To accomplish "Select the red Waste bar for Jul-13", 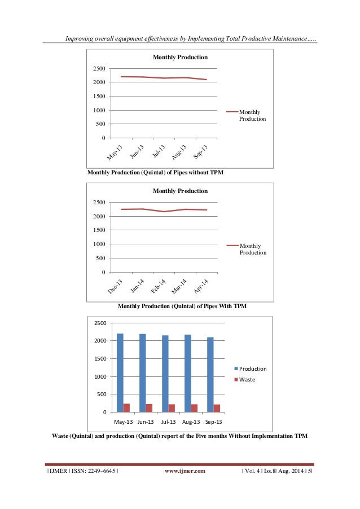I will (172, 408).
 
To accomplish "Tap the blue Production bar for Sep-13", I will (210, 375).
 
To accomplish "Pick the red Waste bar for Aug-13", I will (194, 408).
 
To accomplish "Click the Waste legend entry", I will (247, 379).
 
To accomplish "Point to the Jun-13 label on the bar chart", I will (146, 422).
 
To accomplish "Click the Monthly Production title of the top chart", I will (180, 57).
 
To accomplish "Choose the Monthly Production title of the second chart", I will (180, 191).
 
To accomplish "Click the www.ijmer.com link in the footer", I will (185, 470).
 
